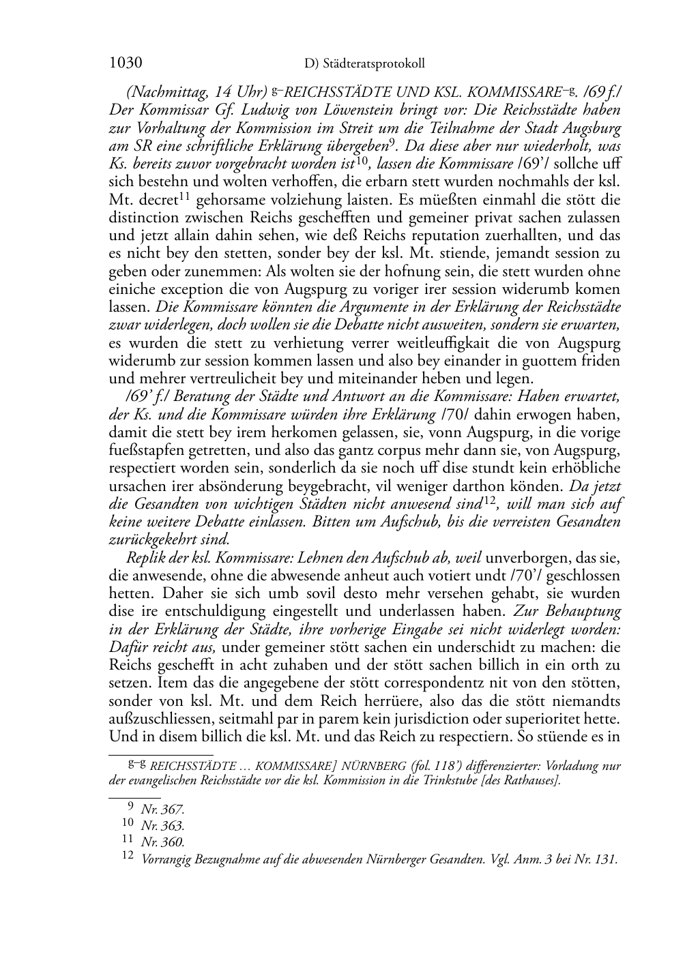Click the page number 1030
[x=126, y=63]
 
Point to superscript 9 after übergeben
[x=392, y=143]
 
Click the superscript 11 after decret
[x=184, y=196]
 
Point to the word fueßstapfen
[x=144, y=450]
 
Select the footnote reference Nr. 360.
[x=162, y=842]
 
